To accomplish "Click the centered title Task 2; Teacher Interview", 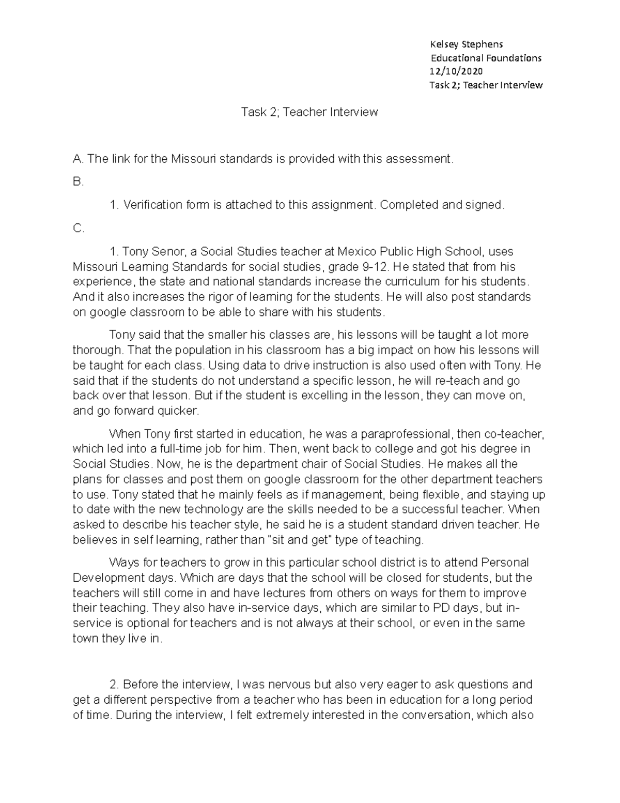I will pyautogui.click(x=309, y=112).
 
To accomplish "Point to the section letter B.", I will pyautogui.click(x=78, y=182).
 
